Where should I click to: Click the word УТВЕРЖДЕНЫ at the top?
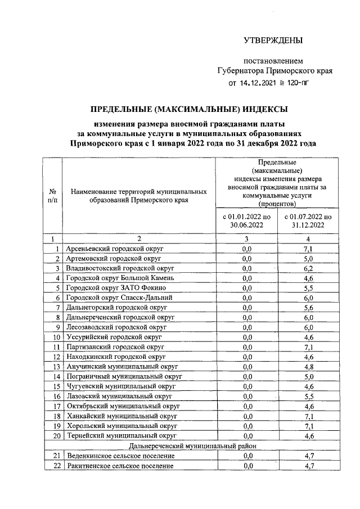273,40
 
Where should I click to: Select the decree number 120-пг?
295,83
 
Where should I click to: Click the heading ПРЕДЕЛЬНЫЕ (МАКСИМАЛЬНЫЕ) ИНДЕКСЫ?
190,109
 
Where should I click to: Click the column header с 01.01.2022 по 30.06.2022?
246,220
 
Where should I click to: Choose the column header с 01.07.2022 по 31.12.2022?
308,220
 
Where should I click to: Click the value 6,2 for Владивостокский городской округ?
308,268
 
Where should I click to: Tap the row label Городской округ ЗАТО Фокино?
112,287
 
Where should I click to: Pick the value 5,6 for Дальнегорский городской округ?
308,308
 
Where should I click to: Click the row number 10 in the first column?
56,337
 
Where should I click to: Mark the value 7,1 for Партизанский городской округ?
308,347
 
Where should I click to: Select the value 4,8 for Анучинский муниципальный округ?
308,367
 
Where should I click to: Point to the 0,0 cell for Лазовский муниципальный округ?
246,396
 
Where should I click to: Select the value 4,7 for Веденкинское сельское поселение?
308,456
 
